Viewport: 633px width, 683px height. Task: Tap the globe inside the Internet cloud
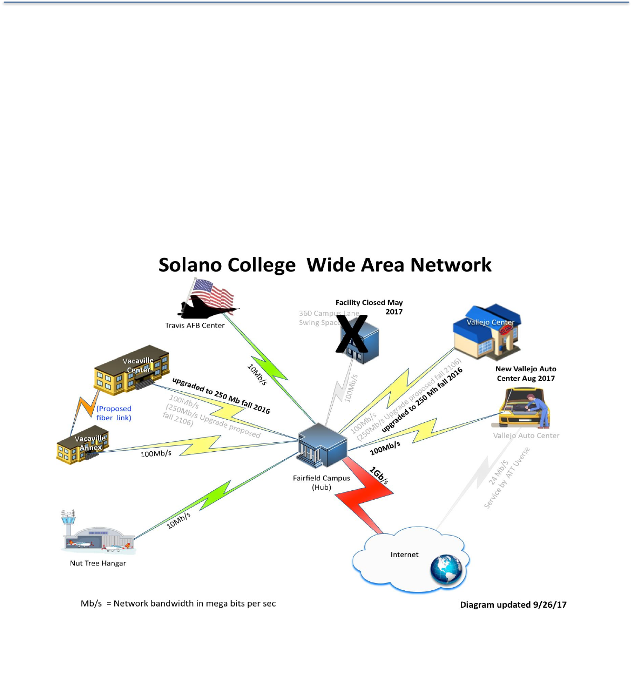tap(446, 570)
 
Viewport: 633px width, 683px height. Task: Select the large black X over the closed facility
tap(352, 334)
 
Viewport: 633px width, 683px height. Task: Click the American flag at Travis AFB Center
tap(213, 294)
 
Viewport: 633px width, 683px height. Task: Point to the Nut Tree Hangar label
tap(98, 563)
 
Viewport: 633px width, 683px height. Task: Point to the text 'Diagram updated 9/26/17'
tap(513, 605)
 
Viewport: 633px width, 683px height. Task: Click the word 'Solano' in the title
tap(190, 265)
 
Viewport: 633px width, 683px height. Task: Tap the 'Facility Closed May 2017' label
tap(370, 307)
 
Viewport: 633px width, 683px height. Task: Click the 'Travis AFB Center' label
tap(195, 325)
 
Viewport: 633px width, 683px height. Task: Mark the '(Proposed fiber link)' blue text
tap(114, 413)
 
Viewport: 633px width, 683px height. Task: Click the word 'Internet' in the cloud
tap(404, 555)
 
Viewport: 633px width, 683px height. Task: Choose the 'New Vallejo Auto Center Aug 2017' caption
tap(526, 373)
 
